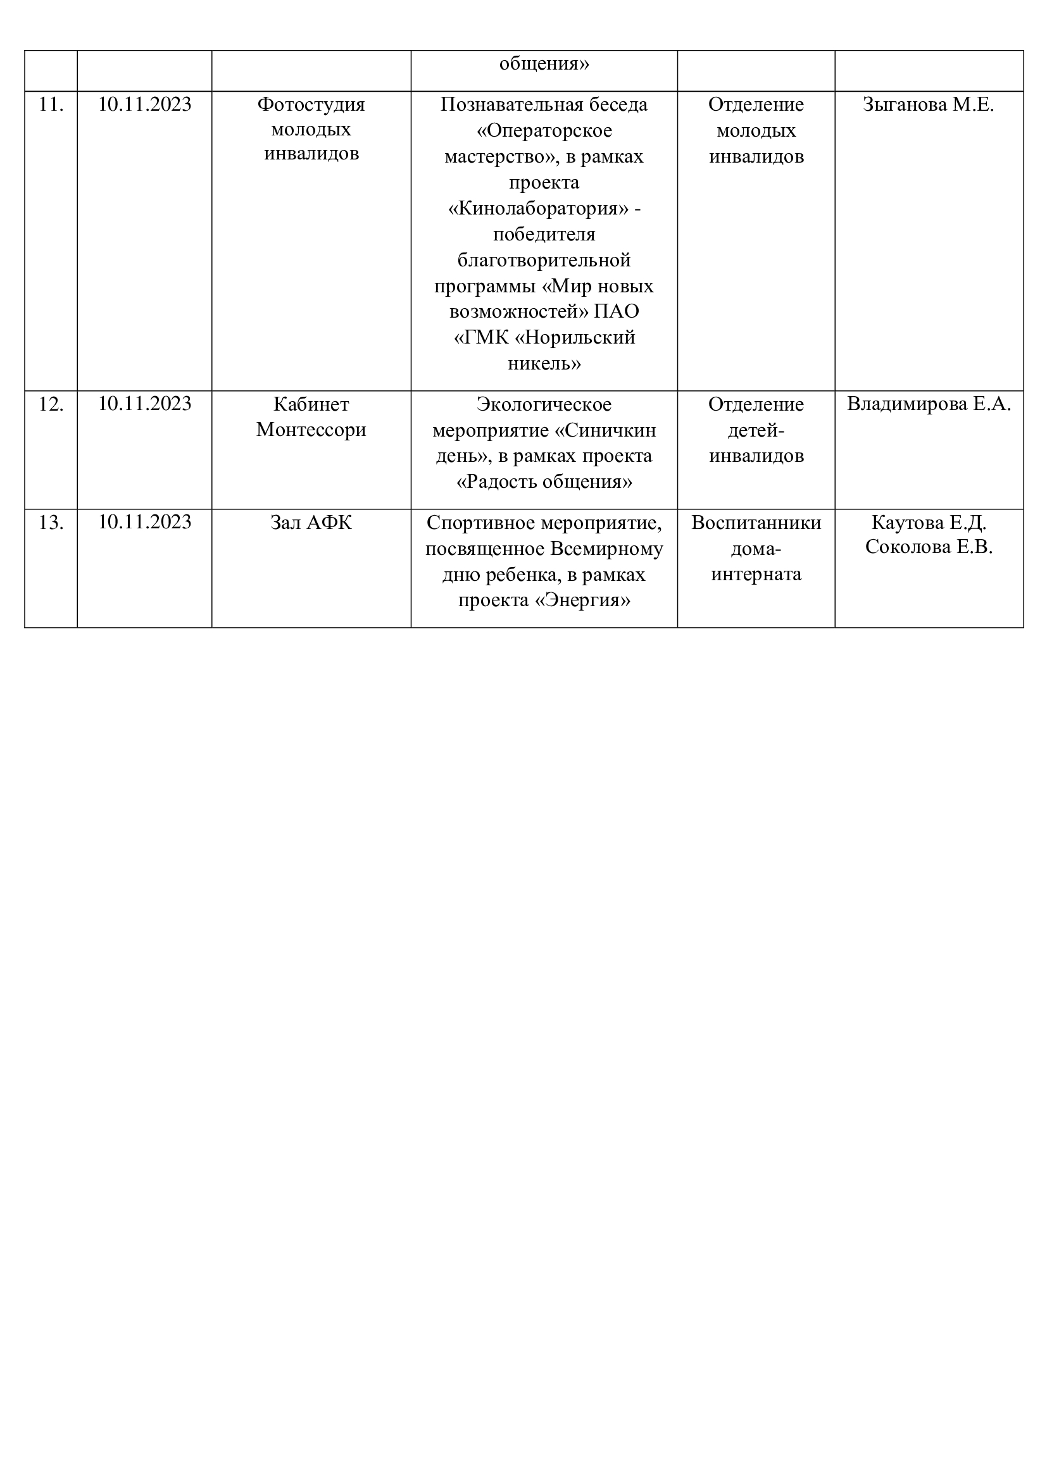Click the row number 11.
coord(51,104)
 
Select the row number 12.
coord(51,404)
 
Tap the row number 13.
coord(51,522)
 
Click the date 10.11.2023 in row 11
coord(144,104)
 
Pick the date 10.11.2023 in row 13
coord(144,521)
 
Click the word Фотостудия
coord(311,104)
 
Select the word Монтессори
coord(311,429)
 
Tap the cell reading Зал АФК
coord(311,522)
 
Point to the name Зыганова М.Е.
coord(929,104)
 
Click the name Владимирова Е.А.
coord(929,404)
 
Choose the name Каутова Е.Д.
coord(929,522)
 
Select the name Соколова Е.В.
coord(929,547)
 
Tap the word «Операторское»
coord(544,131)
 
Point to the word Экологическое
coord(544,404)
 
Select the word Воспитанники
coord(756,522)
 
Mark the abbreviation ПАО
coord(617,311)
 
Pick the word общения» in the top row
coord(544,64)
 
